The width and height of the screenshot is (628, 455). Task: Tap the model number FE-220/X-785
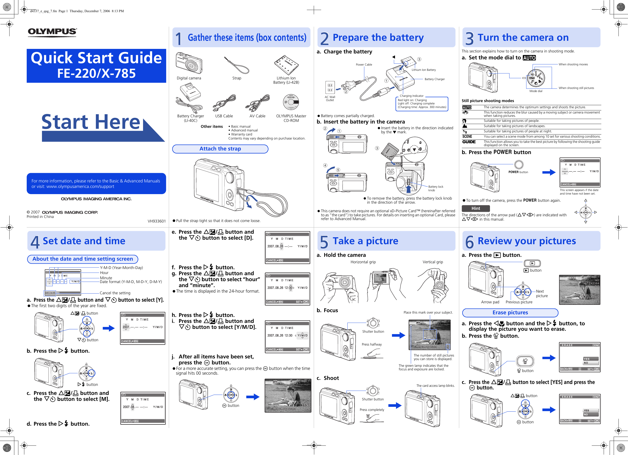[x=96, y=73]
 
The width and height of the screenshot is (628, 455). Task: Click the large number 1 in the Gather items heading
[x=179, y=38]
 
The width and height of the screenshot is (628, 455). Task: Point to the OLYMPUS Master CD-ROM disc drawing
[x=291, y=102]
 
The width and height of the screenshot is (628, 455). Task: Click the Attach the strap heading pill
[x=220, y=149]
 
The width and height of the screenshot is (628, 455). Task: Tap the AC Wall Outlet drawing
[x=330, y=88]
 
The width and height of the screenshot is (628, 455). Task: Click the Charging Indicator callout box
[x=422, y=104]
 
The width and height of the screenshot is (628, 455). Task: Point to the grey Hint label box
[x=475, y=208]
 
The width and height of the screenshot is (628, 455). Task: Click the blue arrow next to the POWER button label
[x=549, y=172]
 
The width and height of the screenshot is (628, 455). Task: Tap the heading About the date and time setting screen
[x=82, y=259]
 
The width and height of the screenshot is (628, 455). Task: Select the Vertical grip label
[x=432, y=262]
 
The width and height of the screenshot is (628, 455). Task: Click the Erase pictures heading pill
[x=510, y=312]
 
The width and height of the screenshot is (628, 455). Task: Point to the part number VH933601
[x=156, y=221]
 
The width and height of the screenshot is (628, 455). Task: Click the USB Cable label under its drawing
[x=224, y=116]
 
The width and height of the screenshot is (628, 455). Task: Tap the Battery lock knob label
[x=435, y=188]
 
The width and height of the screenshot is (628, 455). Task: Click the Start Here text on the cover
[x=91, y=122]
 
